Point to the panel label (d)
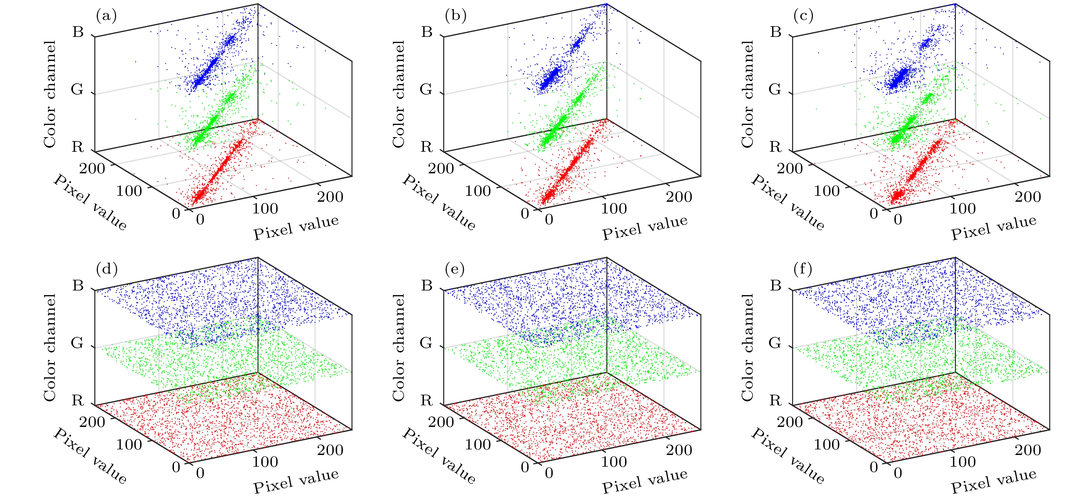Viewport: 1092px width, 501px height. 106,269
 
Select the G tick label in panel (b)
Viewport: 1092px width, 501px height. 426,89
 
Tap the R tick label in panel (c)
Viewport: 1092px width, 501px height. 775,147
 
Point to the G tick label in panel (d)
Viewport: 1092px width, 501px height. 77,342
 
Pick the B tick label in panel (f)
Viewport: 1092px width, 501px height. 775,285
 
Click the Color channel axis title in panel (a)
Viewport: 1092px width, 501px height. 50,94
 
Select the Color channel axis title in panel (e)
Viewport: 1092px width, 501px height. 398,348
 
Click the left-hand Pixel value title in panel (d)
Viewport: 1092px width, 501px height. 90,456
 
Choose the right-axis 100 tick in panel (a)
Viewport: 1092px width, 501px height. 265,209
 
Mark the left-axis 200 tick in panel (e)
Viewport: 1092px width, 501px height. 441,422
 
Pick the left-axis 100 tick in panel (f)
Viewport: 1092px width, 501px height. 827,444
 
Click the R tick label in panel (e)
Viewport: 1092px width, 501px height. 427,400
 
